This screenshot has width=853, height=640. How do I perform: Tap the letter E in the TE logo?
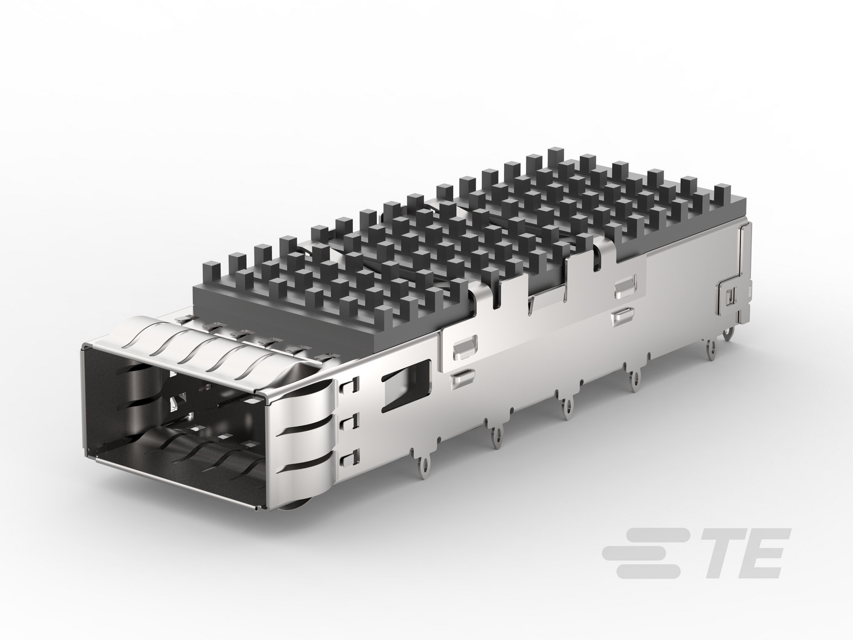coord(760,553)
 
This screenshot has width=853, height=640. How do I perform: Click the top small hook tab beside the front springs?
coord(350,384)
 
